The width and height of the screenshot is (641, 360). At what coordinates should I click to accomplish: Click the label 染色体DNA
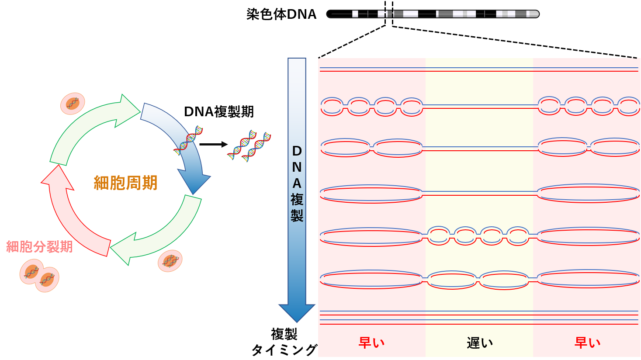281,14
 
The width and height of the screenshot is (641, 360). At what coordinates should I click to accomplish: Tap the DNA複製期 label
219,111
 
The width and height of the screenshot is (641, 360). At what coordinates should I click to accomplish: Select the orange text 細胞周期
126,183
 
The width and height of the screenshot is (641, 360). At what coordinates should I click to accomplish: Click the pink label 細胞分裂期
39,246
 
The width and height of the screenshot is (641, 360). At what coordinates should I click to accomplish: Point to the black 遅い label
480,343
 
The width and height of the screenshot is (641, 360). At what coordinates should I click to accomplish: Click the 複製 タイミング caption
284,342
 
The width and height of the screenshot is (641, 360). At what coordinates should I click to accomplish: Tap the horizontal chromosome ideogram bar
433,14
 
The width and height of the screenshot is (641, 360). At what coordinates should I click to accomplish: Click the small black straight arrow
214,145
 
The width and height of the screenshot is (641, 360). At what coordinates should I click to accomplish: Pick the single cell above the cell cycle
73,104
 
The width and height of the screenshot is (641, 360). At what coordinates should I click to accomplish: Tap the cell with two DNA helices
170,261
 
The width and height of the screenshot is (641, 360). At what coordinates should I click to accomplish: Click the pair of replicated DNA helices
249,145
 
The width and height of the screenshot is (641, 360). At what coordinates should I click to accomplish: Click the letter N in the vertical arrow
297,167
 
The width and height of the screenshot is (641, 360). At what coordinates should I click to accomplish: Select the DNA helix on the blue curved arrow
188,140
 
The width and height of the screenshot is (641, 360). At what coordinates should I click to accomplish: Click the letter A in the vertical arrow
297,183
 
